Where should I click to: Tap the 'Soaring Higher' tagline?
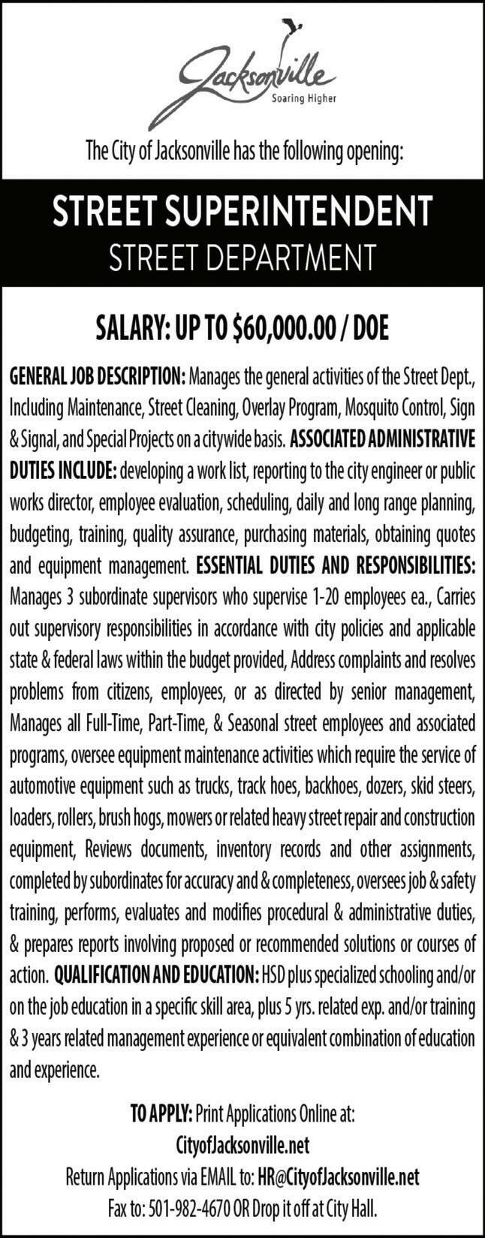point(302,98)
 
